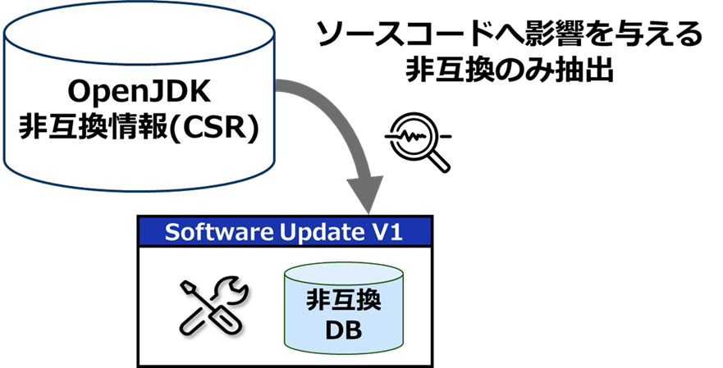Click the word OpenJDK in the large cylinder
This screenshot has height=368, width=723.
click(137, 88)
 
